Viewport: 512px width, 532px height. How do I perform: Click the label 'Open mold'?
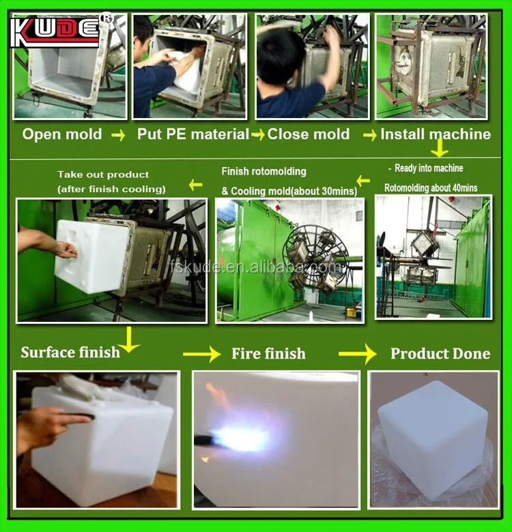(62, 134)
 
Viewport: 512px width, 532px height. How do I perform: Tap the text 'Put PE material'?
(193, 134)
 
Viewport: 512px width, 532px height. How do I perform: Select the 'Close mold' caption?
(309, 134)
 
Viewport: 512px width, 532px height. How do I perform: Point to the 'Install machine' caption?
(436, 134)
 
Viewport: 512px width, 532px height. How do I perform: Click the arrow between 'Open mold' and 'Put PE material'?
(118, 136)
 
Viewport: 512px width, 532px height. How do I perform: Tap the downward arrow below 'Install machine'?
(440, 147)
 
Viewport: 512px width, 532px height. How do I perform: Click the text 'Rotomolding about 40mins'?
(431, 188)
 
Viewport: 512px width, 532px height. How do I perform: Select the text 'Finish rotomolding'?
(264, 172)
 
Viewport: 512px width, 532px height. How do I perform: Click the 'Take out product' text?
(103, 175)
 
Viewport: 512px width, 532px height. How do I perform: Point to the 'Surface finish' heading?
(70, 353)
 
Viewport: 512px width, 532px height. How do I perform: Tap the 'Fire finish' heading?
(268, 353)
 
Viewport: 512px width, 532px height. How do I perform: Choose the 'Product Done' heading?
(440, 353)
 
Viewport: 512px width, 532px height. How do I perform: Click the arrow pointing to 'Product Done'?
(358, 353)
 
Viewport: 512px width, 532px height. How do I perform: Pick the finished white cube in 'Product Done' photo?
(433, 439)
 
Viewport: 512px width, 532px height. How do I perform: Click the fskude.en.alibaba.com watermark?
(255, 268)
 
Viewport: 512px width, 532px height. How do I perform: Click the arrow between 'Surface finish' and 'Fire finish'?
(201, 354)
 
